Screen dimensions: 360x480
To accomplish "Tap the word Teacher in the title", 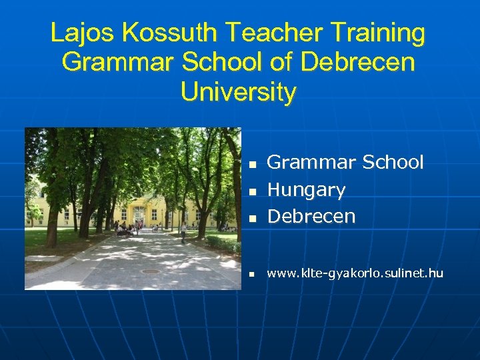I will pyautogui.click(x=267, y=33).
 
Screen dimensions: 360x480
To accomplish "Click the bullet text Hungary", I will pyautogui.click(x=306, y=190).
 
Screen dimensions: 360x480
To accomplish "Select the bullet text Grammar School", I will pyautogui.click(x=345, y=163).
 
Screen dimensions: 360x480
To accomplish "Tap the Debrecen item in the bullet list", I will pyautogui.click(x=311, y=217).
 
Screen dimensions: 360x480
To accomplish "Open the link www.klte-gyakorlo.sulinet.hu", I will pyautogui.click(x=354, y=273).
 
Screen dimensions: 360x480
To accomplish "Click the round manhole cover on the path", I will pyautogui.click(x=151, y=271).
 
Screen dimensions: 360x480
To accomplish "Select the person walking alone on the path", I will pyautogui.click(x=183, y=232).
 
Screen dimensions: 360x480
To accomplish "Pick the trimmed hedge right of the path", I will pyautogui.click(x=222, y=243).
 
